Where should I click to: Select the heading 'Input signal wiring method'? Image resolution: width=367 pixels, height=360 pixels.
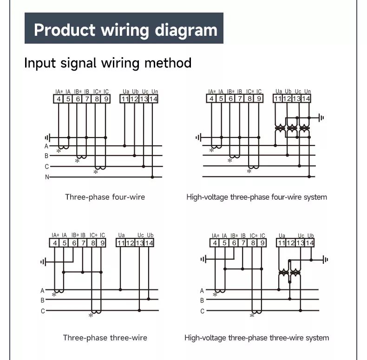pyautogui.click(x=108, y=63)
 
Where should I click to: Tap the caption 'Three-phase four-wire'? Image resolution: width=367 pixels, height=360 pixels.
pyautogui.click(x=105, y=197)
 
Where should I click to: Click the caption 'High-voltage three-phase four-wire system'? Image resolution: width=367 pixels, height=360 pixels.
pyautogui.click(x=256, y=197)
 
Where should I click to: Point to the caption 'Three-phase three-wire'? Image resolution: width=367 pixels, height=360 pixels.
pyautogui.click(x=105, y=338)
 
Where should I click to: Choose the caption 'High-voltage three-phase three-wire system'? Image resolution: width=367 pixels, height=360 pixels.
pyautogui.click(x=256, y=338)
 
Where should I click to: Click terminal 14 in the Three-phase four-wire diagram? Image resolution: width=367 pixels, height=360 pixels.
pyautogui.click(x=154, y=99)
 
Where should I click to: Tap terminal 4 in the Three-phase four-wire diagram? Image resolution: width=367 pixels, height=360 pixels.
pyautogui.click(x=59, y=99)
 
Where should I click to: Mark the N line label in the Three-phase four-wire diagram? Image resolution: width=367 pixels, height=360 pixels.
pyautogui.click(x=46, y=177)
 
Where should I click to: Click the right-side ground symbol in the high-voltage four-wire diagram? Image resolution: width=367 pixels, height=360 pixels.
pyautogui.click(x=321, y=118)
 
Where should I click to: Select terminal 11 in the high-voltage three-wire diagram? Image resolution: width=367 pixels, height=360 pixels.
pyautogui.click(x=282, y=243)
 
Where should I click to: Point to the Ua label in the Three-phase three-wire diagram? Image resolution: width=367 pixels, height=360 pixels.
pyautogui.click(x=122, y=236)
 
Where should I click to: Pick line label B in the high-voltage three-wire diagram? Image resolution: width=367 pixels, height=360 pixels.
pyautogui.click(x=202, y=301)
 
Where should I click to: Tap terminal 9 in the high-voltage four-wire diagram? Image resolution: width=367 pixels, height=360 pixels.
pyautogui.click(x=259, y=98)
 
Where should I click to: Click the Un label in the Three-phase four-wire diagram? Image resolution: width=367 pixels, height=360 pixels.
pyautogui.click(x=154, y=92)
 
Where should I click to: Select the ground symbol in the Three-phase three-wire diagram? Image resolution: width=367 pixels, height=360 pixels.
pyautogui.click(x=43, y=262)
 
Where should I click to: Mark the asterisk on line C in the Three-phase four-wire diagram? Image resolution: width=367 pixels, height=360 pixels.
pyautogui.click(x=95, y=172)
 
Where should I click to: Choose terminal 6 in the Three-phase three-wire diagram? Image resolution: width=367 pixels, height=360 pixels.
pyautogui.click(x=74, y=243)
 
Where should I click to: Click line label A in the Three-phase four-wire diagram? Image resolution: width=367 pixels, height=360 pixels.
pyautogui.click(x=46, y=146)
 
